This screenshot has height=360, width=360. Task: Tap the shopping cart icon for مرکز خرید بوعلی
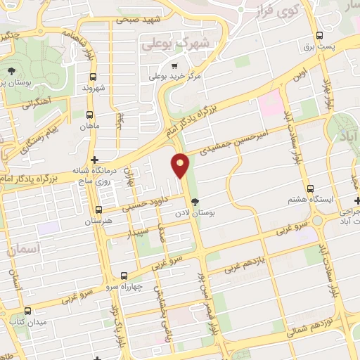point(174,66)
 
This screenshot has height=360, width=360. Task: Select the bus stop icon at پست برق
point(320,34)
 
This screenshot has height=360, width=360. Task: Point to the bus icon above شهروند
point(93,77)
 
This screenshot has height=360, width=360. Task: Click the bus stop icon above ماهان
point(89,115)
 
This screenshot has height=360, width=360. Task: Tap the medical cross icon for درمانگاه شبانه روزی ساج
point(95,160)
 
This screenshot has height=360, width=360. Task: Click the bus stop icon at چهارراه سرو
point(124,276)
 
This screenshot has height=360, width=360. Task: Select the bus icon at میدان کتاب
point(27,310)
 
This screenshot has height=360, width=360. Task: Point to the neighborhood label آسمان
point(24,249)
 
